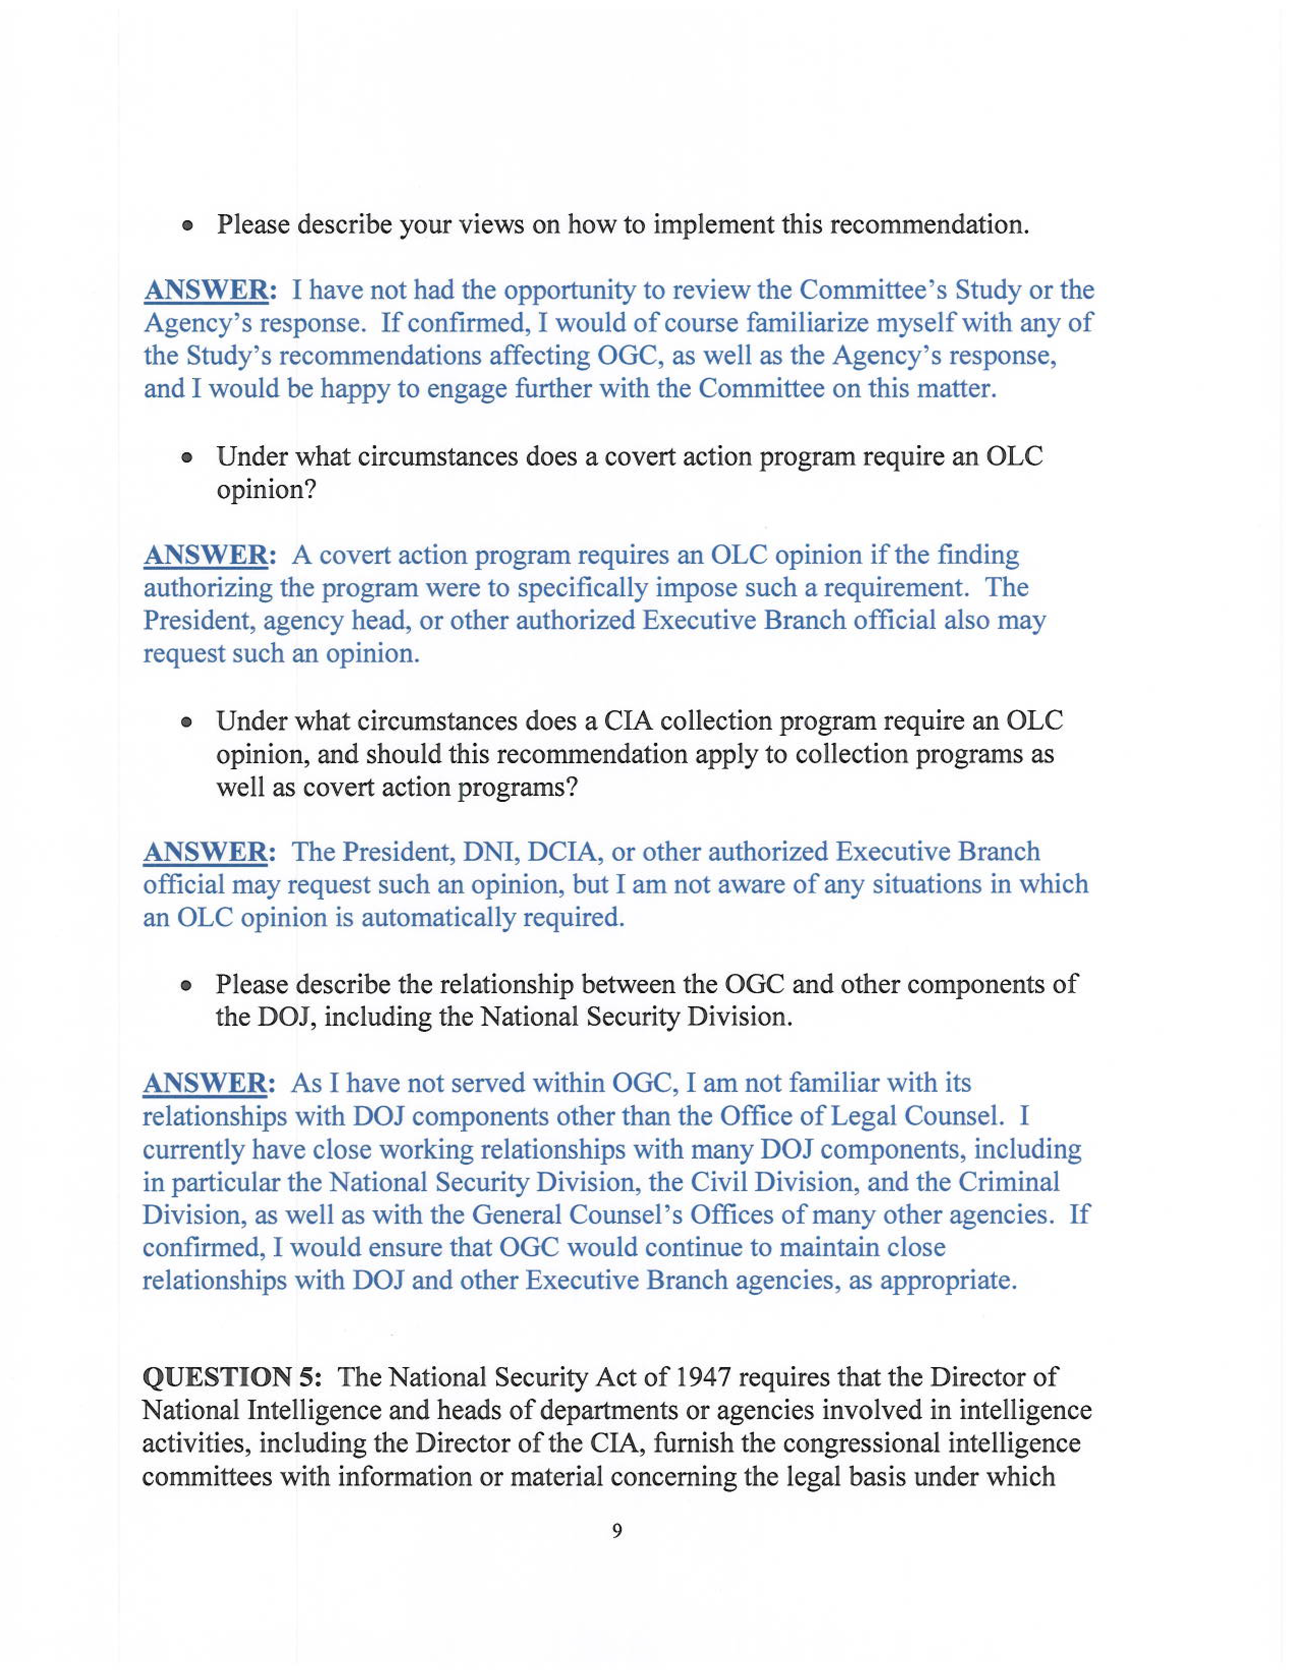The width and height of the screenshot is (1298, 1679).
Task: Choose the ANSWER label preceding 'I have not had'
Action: click(x=206, y=291)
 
